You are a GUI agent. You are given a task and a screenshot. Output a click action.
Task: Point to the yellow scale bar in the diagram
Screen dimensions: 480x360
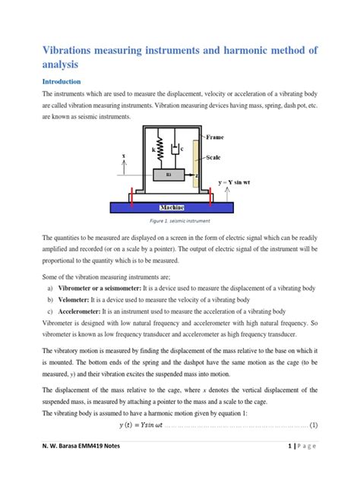coord(197,163)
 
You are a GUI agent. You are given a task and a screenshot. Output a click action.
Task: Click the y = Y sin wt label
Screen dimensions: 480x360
coord(239,183)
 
